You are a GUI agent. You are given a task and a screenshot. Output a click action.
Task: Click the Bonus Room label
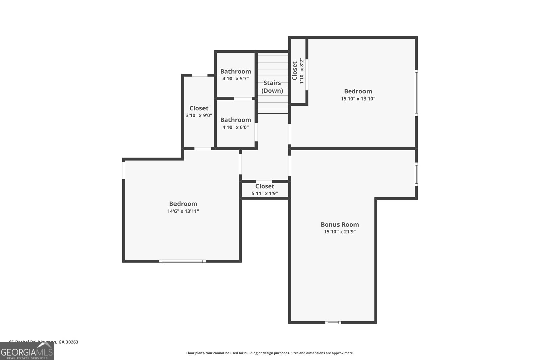pyautogui.click(x=340, y=225)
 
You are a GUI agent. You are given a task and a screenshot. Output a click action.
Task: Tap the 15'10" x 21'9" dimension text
pyautogui.click(x=340, y=232)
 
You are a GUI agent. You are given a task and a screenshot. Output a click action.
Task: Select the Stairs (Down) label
pyautogui.click(x=272, y=87)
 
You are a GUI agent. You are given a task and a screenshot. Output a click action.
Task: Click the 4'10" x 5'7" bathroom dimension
pyautogui.click(x=236, y=79)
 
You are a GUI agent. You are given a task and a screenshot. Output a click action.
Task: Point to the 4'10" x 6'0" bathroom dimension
pyautogui.click(x=236, y=127)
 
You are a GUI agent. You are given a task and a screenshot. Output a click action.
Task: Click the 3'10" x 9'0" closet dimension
pyautogui.click(x=199, y=115)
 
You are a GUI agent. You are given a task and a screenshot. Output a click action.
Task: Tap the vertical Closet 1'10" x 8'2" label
pyautogui.click(x=298, y=71)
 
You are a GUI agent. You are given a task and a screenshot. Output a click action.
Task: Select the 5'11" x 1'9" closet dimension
pyautogui.click(x=265, y=194)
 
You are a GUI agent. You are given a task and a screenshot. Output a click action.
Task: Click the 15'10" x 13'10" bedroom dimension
pyautogui.click(x=358, y=99)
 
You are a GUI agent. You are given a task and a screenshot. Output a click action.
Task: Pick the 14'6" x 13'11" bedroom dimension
pyautogui.click(x=183, y=211)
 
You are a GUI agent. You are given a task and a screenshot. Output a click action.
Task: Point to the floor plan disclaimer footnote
pyautogui.click(x=270, y=353)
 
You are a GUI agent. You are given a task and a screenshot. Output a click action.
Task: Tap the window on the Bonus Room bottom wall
pyautogui.click(x=333, y=323)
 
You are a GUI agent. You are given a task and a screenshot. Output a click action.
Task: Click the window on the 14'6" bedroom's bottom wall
pyautogui.click(x=182, y=261)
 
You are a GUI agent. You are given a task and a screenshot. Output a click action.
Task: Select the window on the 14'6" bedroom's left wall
pyautogui.click(x=124, y=170)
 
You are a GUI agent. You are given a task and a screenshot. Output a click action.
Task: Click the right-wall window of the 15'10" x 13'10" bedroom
pyautogui.click(x=416, y=93)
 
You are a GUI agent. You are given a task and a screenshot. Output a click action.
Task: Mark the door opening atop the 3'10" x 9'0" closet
pyautogui.click(x=199, y=75)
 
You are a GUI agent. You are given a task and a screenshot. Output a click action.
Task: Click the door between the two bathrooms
pyautogui.click(x=243, y=99)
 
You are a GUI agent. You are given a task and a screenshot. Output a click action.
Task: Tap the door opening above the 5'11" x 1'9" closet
pyautogui.click(x=264, y=182)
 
